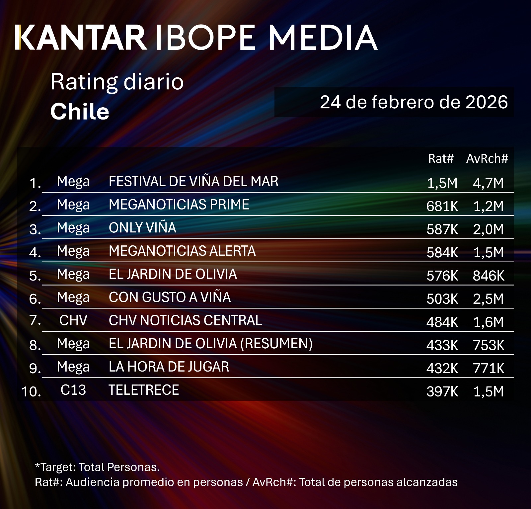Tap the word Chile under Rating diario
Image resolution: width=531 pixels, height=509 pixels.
(x=80, y=112)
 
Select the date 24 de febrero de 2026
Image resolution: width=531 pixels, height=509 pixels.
(x=414, y=102)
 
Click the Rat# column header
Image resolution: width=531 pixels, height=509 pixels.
(x=440, y=159)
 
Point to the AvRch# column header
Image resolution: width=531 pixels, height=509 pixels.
(x=487, y=159)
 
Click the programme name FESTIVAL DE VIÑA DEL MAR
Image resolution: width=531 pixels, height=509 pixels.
(x=193, y=182)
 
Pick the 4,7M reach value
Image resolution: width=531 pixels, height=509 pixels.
(x=488, y=183)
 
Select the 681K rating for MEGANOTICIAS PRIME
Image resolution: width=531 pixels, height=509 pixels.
(x=442, y=206)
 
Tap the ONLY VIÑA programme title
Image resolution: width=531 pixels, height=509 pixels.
(x=142, y=228)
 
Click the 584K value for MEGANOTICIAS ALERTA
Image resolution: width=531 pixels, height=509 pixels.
(x=442, y=253)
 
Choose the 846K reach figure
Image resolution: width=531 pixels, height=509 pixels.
(x=488, y=276)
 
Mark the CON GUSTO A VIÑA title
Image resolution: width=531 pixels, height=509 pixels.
(x=170, y=297)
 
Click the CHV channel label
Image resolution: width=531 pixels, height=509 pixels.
(x=73, y=320)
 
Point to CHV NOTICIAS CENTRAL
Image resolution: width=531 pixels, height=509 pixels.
(x=185, y=320)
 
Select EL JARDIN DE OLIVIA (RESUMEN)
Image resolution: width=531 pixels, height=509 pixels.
(x=210, y=344)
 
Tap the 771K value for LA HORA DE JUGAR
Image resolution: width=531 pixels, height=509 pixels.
(x=488, y=369)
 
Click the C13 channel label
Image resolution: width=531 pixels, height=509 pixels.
(x=73, y=390)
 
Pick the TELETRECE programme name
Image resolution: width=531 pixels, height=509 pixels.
(x=144, y=390)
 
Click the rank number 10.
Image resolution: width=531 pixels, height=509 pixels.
(x=31, y=392)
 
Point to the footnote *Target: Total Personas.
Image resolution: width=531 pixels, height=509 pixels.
(x=97, y=467)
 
